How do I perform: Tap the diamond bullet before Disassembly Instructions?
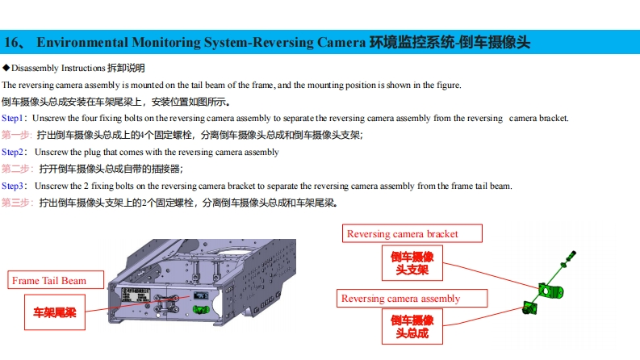click(6, 68)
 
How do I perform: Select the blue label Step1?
click(13, 118)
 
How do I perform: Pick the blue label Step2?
click(13, 152)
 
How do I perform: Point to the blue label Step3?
click(13, 186)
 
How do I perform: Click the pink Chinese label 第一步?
click(16, 135)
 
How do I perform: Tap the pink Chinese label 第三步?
click(16, 203)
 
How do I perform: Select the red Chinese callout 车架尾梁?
click(54, 312)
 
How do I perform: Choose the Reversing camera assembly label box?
click(400, 299)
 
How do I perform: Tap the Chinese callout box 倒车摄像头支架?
click(412, 263)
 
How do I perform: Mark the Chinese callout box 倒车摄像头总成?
click(412, 327)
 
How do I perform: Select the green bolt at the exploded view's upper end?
click(572, 255)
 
